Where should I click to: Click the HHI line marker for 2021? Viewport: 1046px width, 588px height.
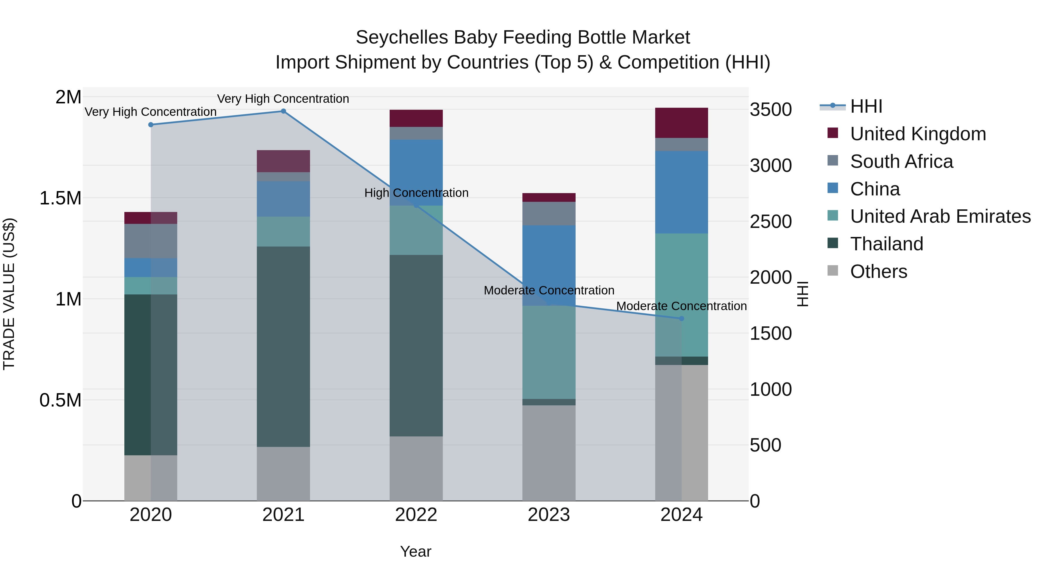(283, 111)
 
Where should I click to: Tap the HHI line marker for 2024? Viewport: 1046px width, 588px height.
(681, 319)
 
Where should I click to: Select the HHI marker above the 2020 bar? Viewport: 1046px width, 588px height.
(151, 125)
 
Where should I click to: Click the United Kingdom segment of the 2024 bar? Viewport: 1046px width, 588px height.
(681, 123)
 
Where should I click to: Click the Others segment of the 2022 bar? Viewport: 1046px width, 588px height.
(416, 468)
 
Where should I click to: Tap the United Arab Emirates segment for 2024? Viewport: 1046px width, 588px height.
(681, 295)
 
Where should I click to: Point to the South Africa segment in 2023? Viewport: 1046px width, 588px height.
(549, 213)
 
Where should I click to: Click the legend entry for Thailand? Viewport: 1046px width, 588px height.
(886, 244)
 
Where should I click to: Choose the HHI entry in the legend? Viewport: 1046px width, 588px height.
(866, 106)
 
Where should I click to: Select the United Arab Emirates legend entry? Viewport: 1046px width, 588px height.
(940, 216)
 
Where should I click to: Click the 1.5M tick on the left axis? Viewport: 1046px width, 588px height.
(60, 198)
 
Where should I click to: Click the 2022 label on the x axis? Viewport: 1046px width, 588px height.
(416, 515)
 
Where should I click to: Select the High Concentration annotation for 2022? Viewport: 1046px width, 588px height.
(416, 193)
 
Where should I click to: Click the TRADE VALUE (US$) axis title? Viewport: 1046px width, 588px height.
(9, 294)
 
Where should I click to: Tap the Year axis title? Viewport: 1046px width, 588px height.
(415, 551)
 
